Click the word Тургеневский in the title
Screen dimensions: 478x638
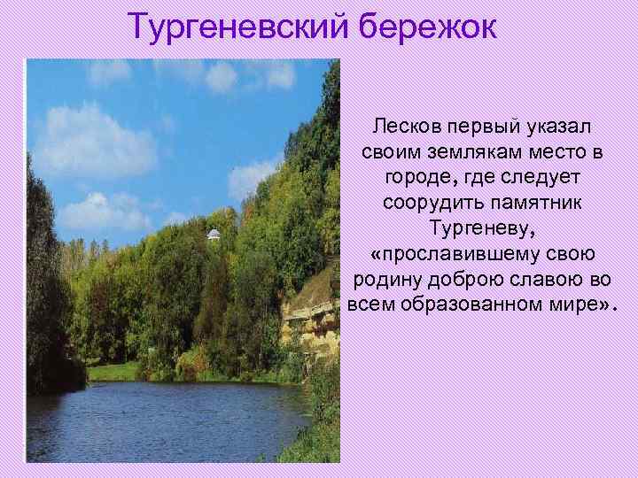pyautogui.click(x=238, y=27)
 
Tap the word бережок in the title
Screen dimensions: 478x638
pyautogui.click(x=429, y=27)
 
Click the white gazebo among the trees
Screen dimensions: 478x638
pyautogui.click(x=214, y=235)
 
